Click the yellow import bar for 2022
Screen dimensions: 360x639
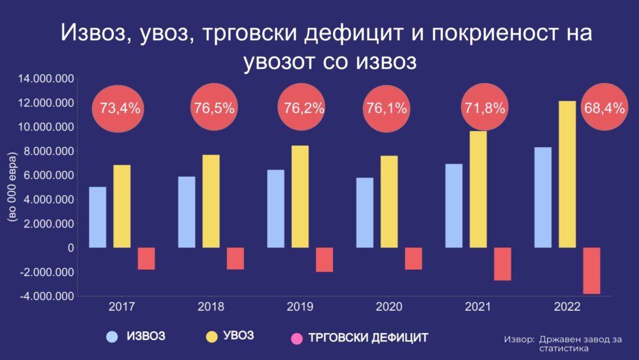[x=567, y=174]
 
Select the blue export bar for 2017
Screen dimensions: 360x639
[x=97, y=217]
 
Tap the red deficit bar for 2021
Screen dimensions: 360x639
[x=502, y=263]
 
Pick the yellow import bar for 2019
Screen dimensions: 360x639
[x=300, y=196]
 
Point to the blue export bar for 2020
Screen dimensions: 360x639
[x=365, y=212]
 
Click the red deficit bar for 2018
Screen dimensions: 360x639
[x=235, y=258]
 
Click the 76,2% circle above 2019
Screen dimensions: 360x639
[x=304, y=109]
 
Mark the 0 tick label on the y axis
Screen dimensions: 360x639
[x=70, y=248]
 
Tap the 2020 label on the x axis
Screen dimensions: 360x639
[x=389, y=307]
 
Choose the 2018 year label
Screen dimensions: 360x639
[x=211, y=307]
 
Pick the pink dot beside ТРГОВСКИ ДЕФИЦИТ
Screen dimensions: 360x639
[x=295, y=337]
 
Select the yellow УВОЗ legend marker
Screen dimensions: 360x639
[x=209, y=336]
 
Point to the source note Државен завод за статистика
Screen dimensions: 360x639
[x=562, y=343]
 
